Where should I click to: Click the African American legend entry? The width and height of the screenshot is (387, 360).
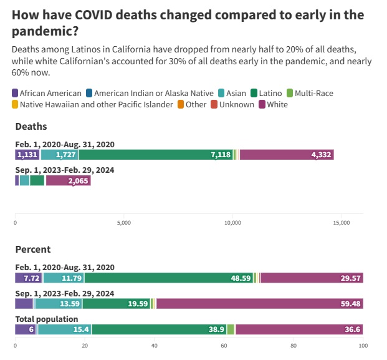[x=47, y=93]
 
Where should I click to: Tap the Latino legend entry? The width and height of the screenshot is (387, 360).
[x=265, y=93]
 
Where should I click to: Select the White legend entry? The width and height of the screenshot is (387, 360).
[x=272, y=104]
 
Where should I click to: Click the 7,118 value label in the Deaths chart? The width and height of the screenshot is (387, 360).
[x=221, y=155]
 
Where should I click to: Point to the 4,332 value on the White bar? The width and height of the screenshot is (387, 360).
[x=322, y=155]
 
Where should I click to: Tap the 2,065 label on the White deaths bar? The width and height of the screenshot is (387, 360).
[x=79, y=181]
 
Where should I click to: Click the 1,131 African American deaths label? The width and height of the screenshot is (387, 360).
[x=27, y=155]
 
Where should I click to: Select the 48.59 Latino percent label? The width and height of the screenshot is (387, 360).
[x=241, y=278]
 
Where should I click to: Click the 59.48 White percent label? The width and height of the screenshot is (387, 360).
[x=351, y=304]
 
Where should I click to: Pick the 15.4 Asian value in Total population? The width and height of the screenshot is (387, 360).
[x=64, y=329]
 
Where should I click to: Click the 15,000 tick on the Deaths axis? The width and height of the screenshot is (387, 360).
[x=342, y=222]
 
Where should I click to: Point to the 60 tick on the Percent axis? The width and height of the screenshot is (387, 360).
[x=224, y=345]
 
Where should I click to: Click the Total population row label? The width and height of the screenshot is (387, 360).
[x=46, y=319]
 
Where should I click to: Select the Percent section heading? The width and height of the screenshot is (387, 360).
[x=32, y=249]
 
